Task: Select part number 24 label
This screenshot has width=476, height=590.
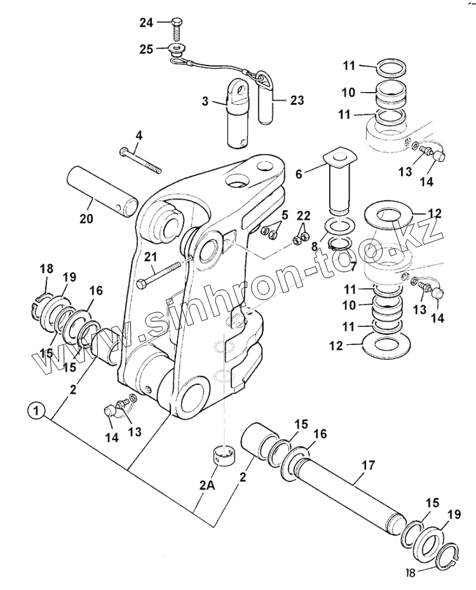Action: click(147, 23)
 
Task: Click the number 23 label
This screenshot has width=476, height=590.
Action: click(297, 100)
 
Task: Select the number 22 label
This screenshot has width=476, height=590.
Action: click(304, 217)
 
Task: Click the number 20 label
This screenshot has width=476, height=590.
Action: click(86, 219)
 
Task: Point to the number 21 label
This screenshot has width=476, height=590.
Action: click(150, 257)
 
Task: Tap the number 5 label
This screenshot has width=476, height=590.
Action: click(284, 215)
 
